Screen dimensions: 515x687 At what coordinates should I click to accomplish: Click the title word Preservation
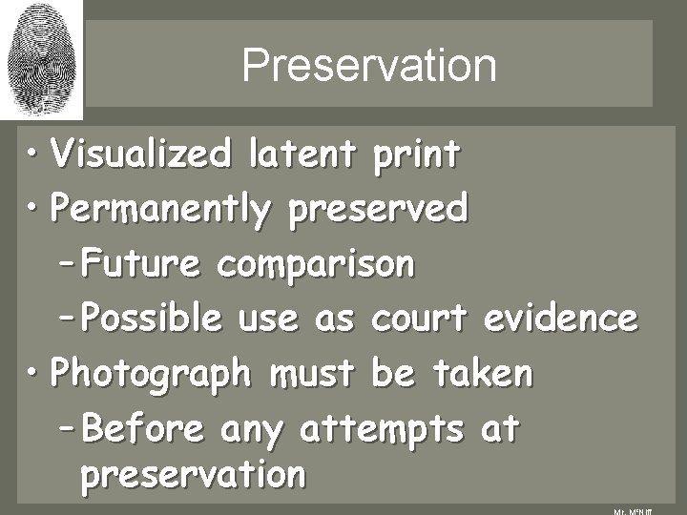coord(369,66)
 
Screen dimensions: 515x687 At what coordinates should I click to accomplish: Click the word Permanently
coord(160,208)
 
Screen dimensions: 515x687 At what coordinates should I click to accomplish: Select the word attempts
coord(385,430)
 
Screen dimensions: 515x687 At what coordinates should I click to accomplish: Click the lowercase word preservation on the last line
coord(194,474)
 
